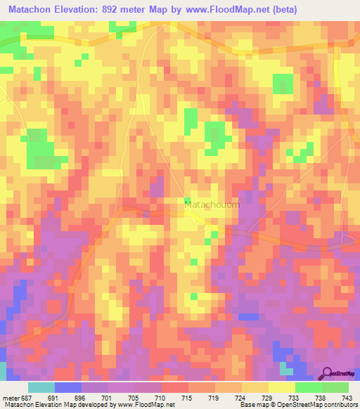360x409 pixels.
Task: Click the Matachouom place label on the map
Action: point(212,204)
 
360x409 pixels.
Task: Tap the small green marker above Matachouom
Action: point(186,202)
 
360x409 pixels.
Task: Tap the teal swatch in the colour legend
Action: point(41,387)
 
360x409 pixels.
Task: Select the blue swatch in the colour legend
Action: point(68,387)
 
